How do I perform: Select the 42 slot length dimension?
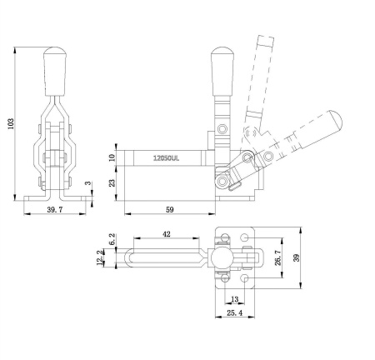(x=167, y=235)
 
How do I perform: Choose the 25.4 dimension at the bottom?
(x=235, y=314)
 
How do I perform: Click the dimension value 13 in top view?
(x=234, y=299)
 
